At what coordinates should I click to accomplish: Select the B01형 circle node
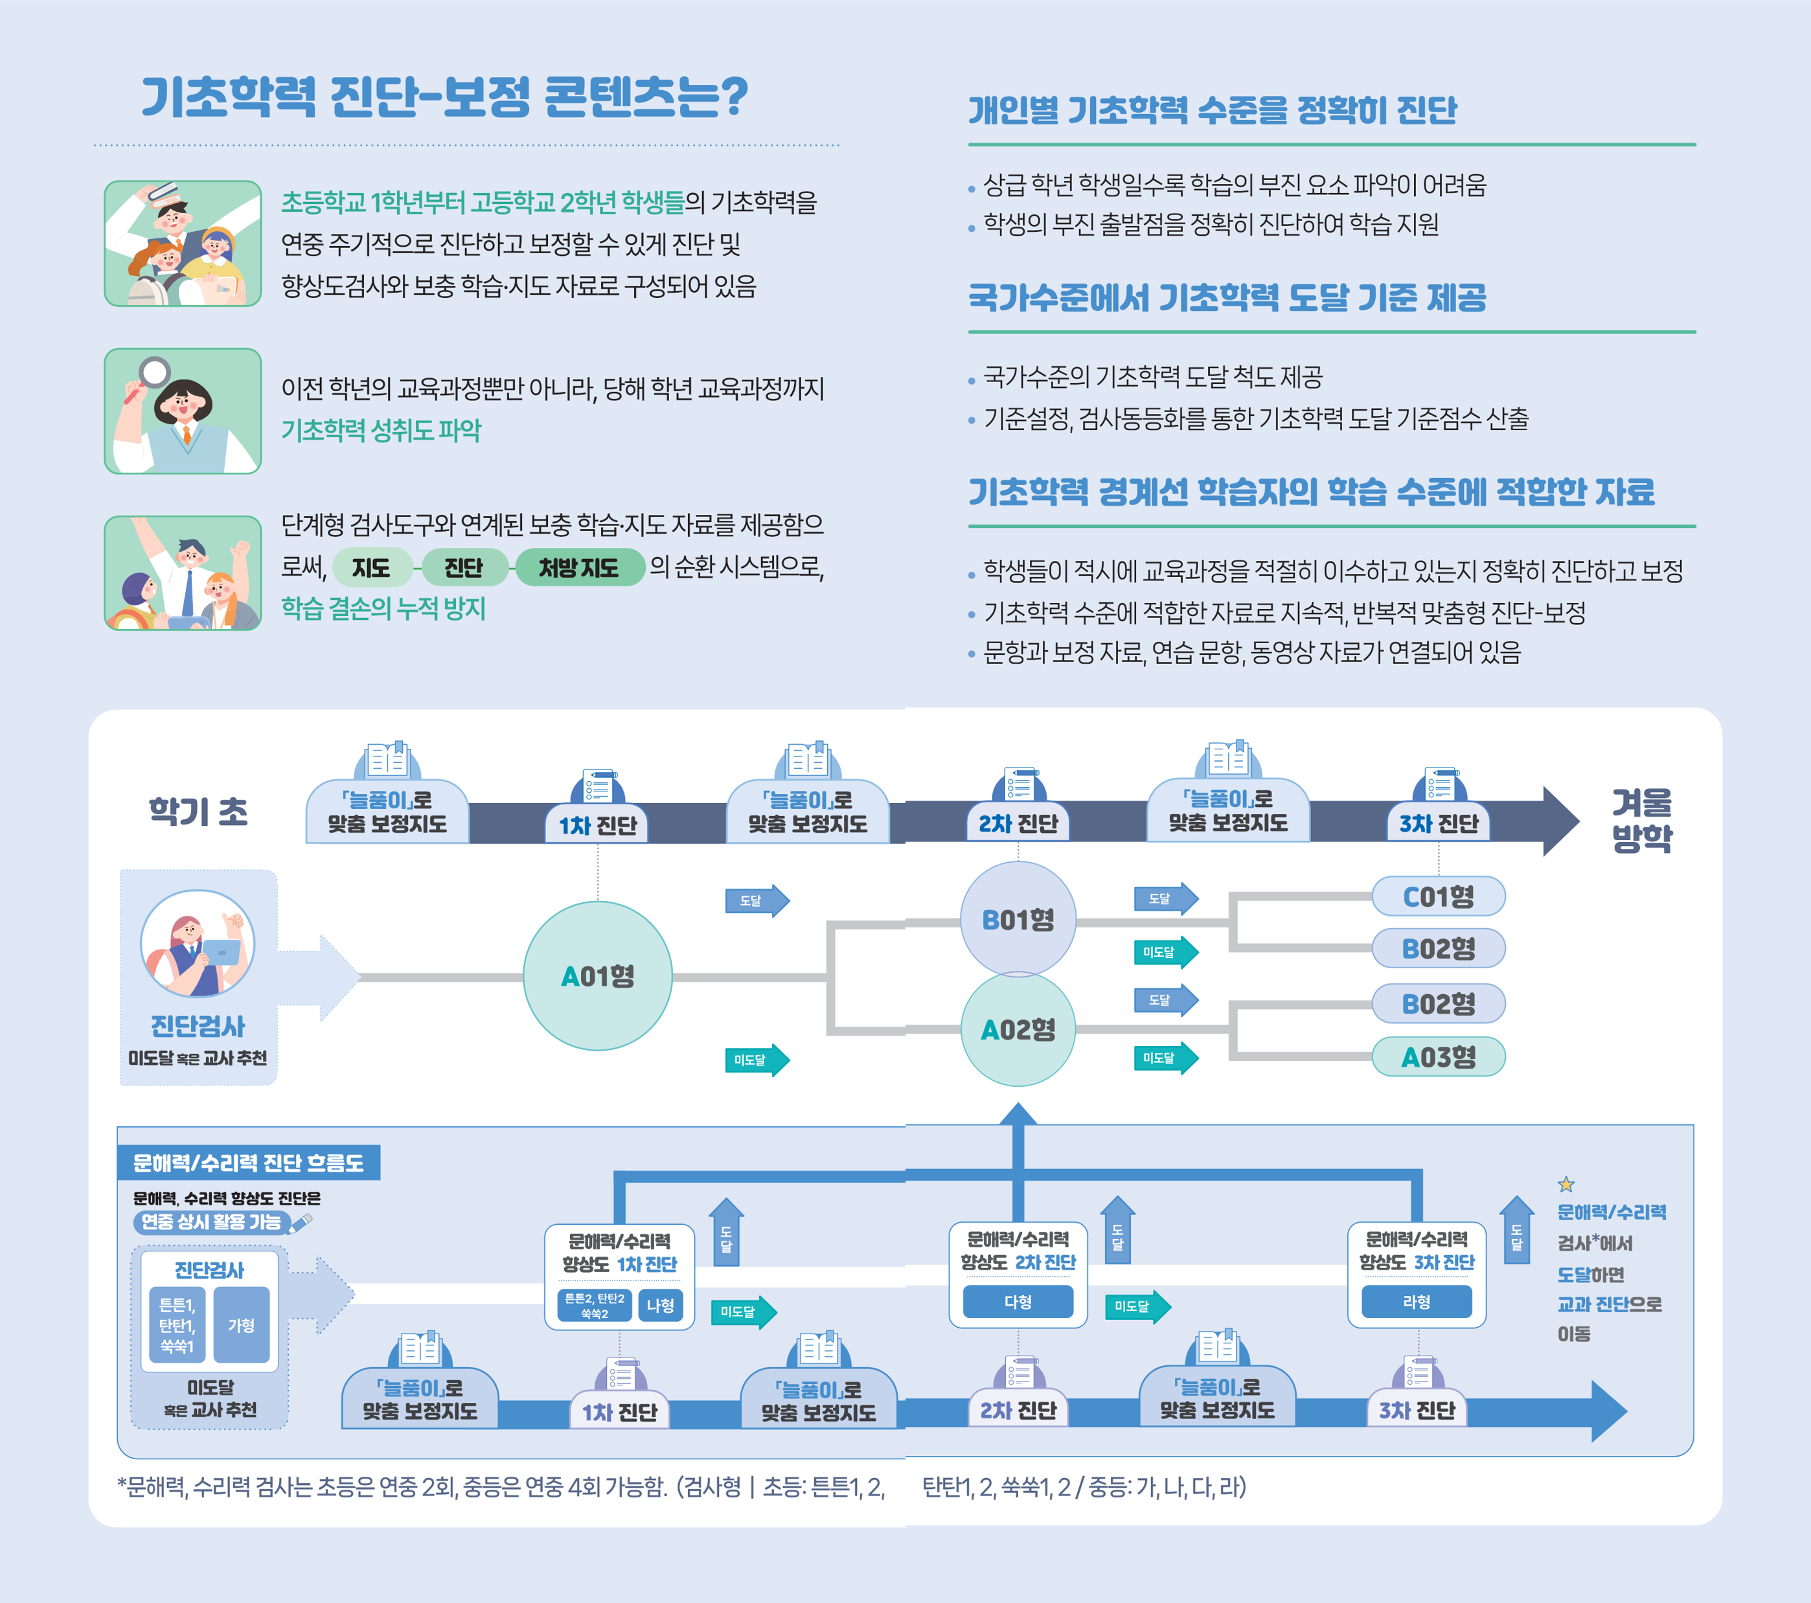click(x=1018, y=919)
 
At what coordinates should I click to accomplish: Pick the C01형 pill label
click(x=1438, y=896)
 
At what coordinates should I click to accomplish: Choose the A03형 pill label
click(x=1438, y=1056)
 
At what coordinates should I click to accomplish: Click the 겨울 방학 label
click(x=1642, y=820)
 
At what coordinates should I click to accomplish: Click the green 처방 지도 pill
click(x=580, y=567)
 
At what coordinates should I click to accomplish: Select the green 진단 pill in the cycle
click(x=463, y=567)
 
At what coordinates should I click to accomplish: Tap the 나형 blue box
click(x=660, y=1305)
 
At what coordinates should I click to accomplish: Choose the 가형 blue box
click(x=241, y=1324)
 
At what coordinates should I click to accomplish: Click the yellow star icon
click(x=1566, y=1184)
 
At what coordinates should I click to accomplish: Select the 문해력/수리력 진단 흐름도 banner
click(x=249, y=1163)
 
